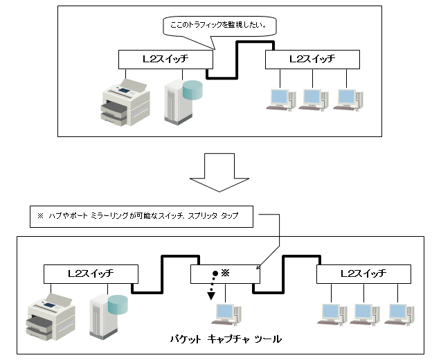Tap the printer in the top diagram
pyautogui.click(x=125, y=100)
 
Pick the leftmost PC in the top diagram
pyautogui.click(x=279, y=99)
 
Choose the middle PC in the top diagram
pyautogui.click(x=312, y=99)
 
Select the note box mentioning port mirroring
pyautogui.click(x=142, y=216)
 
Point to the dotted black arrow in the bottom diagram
pyautogui.click(x=212, y=285)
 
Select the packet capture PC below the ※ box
pyautogui.click(x=225, y=314)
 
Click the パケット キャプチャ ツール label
pyautogui.click(x=226, y=340)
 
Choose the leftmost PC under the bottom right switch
pyautogui.click(x=330, y=314)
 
